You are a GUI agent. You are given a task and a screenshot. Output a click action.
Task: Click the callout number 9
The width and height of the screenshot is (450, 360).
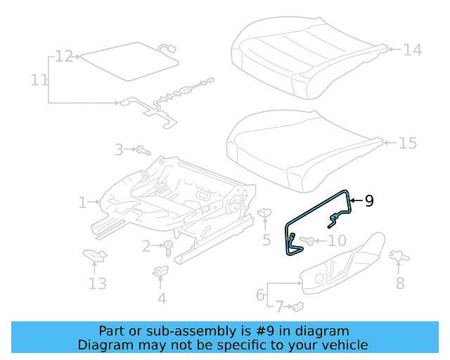pyautogui.click(x=369, y=201)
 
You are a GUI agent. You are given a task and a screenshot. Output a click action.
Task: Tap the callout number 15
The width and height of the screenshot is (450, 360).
pyautogui.click(x=408, y=143)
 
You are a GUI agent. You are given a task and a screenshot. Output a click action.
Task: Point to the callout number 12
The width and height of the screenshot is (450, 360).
pyautogui.click(x=64, y=56)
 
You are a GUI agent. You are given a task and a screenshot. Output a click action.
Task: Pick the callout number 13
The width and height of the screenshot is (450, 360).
pyautogui.click(x=97, y=283)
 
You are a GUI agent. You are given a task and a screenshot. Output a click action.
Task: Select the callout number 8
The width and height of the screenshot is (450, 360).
pyautogui.click(x=400, y=283)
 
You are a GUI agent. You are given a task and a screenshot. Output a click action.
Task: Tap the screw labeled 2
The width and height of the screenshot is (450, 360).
pyautogui.click(x=169, y=247)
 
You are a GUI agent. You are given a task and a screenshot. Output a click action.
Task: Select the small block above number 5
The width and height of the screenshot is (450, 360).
pyautogui.click(x=265, y=212)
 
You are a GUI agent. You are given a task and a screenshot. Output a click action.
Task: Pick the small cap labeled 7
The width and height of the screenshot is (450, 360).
pyautogui.click(x=298, y=306)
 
